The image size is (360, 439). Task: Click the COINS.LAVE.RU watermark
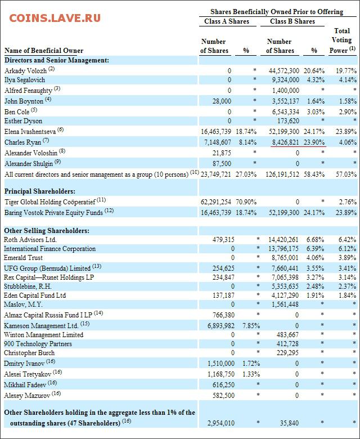55,19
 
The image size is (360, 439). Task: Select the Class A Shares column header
227,21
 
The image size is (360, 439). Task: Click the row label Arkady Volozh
25,70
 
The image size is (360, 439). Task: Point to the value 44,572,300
284,70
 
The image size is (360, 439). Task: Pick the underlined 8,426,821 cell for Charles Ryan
285,142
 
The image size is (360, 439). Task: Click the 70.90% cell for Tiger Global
246,202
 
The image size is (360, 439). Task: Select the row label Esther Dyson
23,121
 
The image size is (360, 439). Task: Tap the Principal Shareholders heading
40,191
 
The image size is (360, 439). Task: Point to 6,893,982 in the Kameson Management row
221,326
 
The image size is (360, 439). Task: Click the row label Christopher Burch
29,353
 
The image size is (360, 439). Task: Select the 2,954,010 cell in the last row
221,423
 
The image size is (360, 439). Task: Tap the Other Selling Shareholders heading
47,231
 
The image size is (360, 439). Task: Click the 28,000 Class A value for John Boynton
222,101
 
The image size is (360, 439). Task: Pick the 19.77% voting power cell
346,70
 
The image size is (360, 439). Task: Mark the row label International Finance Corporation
50,249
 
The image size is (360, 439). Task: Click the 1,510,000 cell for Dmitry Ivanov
221,364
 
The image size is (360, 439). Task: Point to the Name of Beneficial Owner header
44,51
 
